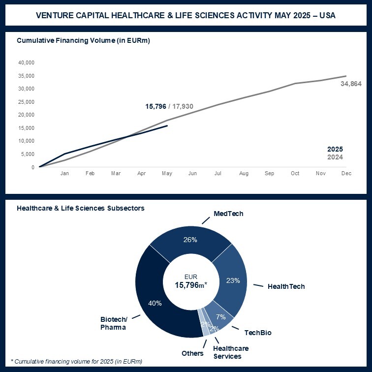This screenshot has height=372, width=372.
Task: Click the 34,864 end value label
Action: point(351,84)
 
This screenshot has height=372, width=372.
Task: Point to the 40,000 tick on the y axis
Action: point(26,62)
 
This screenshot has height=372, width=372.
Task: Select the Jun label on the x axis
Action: point(192,174)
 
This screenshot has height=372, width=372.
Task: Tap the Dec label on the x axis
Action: point(346,174)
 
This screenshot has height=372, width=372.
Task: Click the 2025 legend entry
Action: point(335,149)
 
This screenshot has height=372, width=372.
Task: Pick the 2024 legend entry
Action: point(335,157)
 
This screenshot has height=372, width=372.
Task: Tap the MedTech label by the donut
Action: point(228,214)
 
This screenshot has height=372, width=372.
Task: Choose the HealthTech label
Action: point(286,286)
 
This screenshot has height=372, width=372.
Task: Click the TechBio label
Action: point(258,333)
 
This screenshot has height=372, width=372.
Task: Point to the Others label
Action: point(192,353)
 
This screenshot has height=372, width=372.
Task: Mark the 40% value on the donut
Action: point(155,303)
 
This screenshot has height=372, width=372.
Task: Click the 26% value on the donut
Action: point(190,240)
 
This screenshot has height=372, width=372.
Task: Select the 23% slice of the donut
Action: point(233,280)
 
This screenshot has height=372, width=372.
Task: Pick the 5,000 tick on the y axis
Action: point(28,154)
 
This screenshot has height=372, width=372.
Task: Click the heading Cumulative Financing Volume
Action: point(83,40)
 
